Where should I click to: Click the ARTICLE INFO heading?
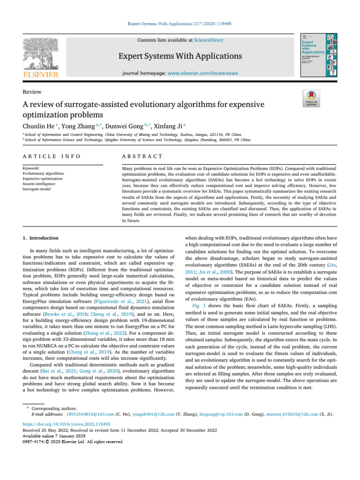[x=52, y=156]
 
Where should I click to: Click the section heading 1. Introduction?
[x=41, y=238]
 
